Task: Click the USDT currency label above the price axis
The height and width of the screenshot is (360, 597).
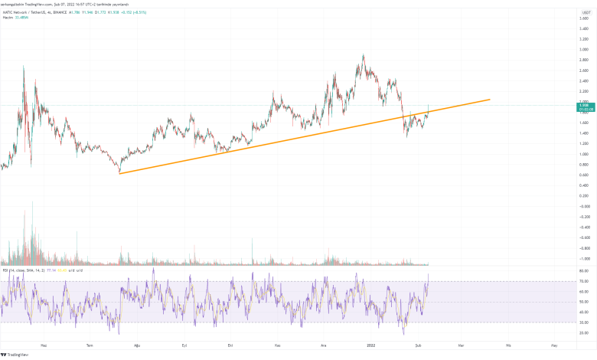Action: [x=584, y=8]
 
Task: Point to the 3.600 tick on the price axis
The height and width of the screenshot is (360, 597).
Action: [x=584, y=18]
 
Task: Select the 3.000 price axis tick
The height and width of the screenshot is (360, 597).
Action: [x=584, y=50]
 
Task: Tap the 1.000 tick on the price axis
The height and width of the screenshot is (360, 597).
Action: [x=584, y=154]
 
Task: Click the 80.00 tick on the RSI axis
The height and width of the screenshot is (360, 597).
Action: [x=584, y=271]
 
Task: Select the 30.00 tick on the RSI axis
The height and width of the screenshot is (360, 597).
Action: [x=584, y=322]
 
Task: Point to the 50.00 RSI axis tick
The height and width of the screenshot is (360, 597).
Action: [x=584, y=302]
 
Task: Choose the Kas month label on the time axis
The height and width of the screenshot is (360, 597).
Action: [x=279, y=345]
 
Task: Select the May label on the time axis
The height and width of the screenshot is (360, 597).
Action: [x=554, y=345]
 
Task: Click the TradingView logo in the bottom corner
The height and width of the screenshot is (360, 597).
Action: [x=15, y=354]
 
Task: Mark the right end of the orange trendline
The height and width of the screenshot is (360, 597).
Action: [x=490, y=100]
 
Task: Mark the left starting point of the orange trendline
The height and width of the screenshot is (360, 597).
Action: [x=120, y=173]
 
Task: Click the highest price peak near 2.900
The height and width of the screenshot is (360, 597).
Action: [x=363, y=55]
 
